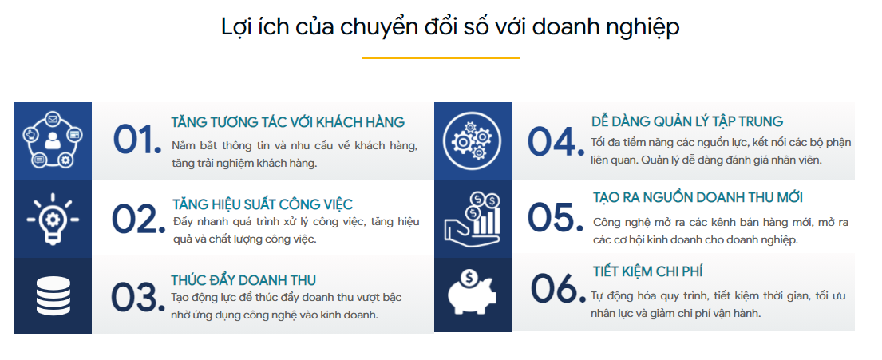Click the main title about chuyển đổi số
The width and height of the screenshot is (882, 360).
click(x=450, y=27)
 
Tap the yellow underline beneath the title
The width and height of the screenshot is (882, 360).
click(x=441, y=58)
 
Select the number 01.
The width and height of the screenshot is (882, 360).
click(x=136, y=140)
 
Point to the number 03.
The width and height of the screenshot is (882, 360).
click(x=134, y=296)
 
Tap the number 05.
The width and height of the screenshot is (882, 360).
click(x=556, y=217)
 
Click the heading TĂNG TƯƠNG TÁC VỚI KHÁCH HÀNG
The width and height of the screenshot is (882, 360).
click(x=288, y=122)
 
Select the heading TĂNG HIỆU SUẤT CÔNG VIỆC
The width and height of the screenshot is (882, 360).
click(x=263, y=204)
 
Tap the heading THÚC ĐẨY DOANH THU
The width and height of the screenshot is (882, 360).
click(x=243, y=280)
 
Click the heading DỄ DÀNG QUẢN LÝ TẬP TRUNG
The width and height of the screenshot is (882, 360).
click(x=687, y=121)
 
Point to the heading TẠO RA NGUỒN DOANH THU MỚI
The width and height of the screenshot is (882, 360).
click(x=698, y=197)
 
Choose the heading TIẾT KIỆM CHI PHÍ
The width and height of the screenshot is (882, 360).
click(x=647, y=271)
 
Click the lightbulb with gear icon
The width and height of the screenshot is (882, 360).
click(x=53, y=219)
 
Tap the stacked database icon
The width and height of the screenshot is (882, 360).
click(x=53, y=296)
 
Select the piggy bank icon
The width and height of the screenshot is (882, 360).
click(x=473, y=292)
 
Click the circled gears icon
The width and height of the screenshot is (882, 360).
click(x=473, y=140)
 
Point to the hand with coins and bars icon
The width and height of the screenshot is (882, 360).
click(x=473, y=218)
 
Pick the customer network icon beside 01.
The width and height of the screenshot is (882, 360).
click(x=53, y=140)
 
